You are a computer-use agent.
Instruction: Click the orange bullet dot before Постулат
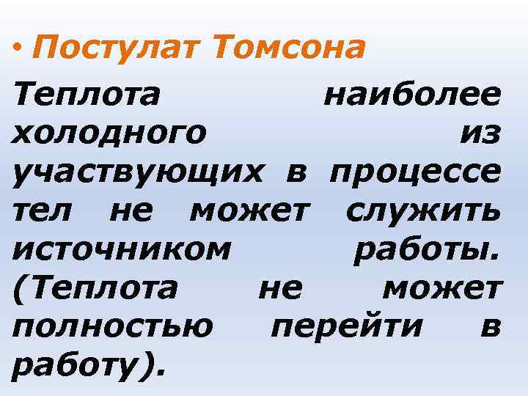[18, 49]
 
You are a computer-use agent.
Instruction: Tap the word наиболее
[412, 95]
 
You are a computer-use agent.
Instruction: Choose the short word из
[480, 133]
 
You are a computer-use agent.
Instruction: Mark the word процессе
[416, 173]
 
